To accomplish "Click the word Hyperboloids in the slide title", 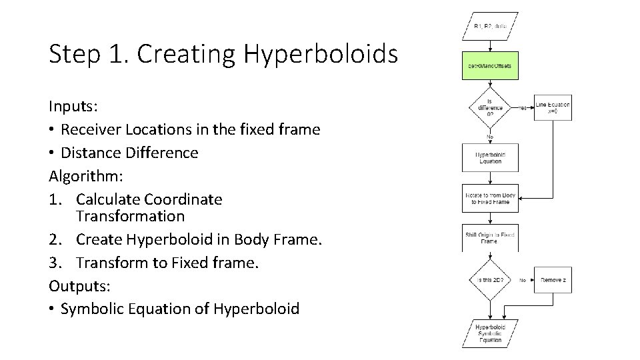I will tap(320, 55).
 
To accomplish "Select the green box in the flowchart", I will tap(490, 66).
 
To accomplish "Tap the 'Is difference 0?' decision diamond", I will tap(490, 107).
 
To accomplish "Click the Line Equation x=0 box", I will tap(553, 107).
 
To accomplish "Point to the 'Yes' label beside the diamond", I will tap(523, 107).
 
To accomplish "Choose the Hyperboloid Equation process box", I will tap(490, 158).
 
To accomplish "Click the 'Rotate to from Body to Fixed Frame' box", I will tap(490, 198).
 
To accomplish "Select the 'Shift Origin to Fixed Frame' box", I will tap(490, 238).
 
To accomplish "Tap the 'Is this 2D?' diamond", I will tap(490, 280).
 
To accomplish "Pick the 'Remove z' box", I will tap(553, 280).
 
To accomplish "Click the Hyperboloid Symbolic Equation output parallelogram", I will tap(490, 333).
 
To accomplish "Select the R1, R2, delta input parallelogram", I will tap(490, 27).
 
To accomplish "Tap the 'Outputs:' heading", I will tap(79, 285).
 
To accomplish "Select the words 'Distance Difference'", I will tap(129, 153).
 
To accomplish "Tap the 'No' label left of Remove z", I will tap(523, 280).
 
